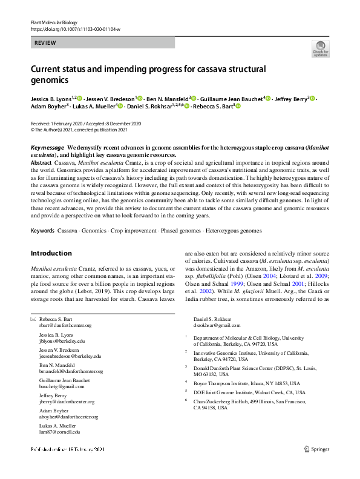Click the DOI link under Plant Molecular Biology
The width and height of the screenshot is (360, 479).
click(x=75, y=28)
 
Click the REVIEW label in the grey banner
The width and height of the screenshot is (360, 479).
click(x=45, y=44)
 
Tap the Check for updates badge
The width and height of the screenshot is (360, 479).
click(x=320, y=48)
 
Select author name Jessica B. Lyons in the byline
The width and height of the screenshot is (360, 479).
click(x=50, y=98)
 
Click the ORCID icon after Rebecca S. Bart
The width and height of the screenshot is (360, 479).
click(x=238, y=107)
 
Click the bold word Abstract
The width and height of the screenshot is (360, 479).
click(x=41, y=164)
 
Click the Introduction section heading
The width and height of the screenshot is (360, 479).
click(x=51, y=253)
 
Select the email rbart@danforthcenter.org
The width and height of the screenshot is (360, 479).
click(x=65, y=325)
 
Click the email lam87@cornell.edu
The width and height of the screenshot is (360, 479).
click(x=60, y=432)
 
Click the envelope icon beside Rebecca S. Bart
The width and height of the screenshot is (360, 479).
click(x=33, y=319)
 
